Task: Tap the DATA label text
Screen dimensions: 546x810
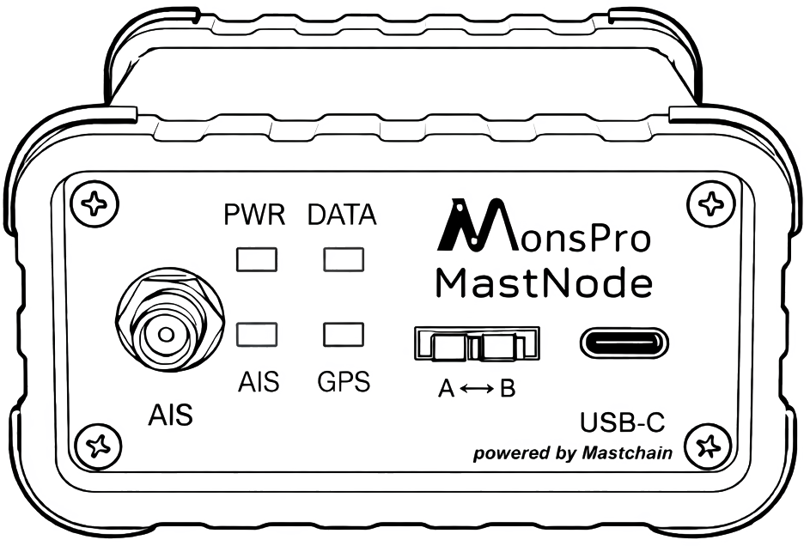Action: click(x=342, y=215)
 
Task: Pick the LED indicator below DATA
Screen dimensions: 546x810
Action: click(x=343, y=258)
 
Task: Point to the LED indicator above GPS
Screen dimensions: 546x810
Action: click(x=343, y=333)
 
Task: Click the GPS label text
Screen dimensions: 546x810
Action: click(x=344, y=381)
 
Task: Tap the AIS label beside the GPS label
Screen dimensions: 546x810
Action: click(x=258, y=381)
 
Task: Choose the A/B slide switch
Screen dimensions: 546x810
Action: click(x=478, y=344)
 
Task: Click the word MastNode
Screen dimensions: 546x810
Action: click(x=544, y=282)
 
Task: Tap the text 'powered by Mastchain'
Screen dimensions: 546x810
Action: click(x=572, y=453)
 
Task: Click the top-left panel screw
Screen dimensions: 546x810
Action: click(x=94, y=204)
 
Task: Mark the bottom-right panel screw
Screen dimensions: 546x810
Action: click(x=710, y=446)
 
